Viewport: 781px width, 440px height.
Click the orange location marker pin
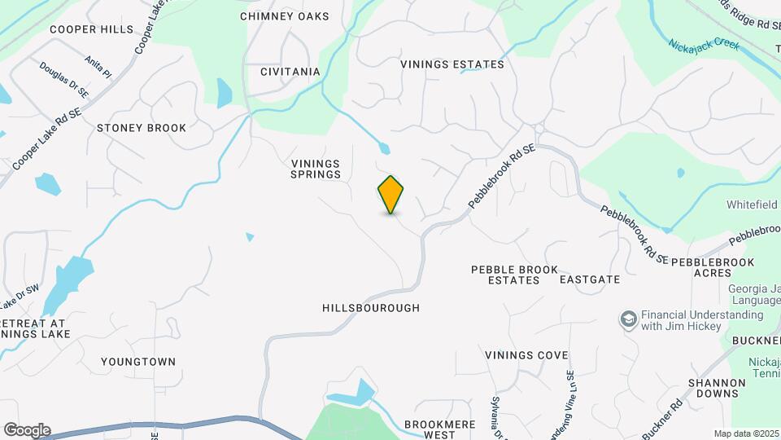[x=390, y=194]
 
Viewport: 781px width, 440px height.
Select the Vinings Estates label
[x=452, y=64]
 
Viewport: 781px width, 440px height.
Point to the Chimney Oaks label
[x=285, y=16]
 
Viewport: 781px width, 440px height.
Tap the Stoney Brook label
[x=142, y=128]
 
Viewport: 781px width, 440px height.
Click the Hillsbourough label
[x=371, y=308]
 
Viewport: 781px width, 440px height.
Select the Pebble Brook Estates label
[x=515, y=275]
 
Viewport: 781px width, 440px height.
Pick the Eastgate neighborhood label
[x=590, y=279]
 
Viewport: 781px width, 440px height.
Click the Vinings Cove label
[x=526, y=355]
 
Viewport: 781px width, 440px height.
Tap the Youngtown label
[x=138, y=361]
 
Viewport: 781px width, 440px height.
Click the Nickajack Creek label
[x=704, y=45]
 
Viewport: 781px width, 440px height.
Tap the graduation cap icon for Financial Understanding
[x=628, y=319]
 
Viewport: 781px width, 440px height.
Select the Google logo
[x=27, y=429]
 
